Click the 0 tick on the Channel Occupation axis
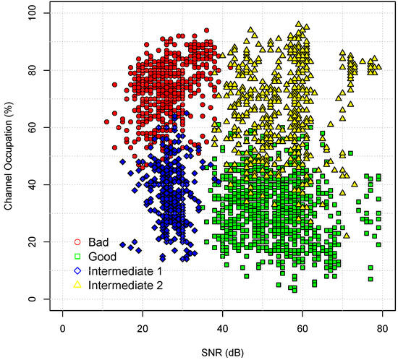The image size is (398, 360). tap(35, 299)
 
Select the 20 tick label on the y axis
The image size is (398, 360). tap(35, 241)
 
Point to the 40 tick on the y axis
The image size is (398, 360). tap(35, 184)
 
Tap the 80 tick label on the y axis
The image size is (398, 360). tap(35, 70)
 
